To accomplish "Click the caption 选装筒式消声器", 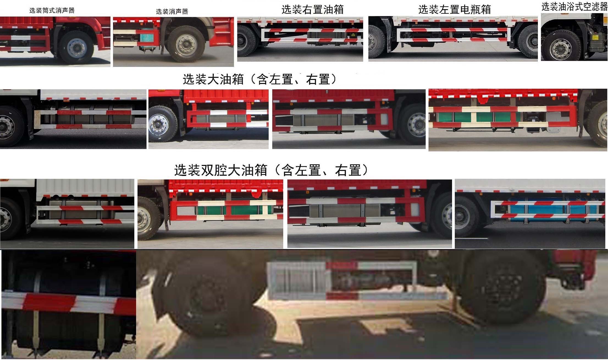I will pyautogui.click(x=52, y=10).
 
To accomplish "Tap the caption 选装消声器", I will pyautogui.click(x=172, y=11).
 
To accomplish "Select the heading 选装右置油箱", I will pyautogui.click(x=313, y=9).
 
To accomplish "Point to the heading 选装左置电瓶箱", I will pyautogui.click(x=454, y=9).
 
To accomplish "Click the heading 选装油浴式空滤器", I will pyautogui.click(x=574, y=7).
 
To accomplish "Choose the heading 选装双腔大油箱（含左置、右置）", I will pyautogui.click(x=271, y=170).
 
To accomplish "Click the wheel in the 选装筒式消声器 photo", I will pyautogui.click(x=76, y=48).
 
